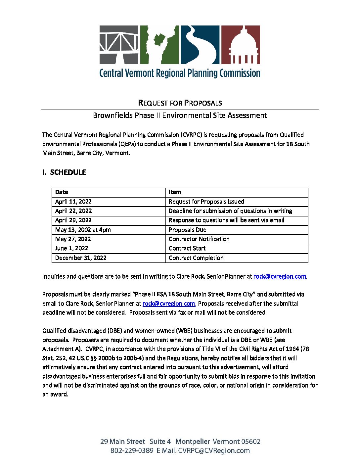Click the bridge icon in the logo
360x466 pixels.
pos(119,45)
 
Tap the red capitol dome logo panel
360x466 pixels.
pos(240,45)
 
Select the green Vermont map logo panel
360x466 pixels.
pos(159,45)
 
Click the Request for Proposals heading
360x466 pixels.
pos(180,103)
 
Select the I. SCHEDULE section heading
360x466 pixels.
pos(64,172)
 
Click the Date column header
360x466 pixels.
pos(62,192)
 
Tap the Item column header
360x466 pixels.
pos(175,192)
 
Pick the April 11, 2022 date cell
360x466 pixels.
pos(73,202)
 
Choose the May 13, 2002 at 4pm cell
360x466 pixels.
pos(83,230)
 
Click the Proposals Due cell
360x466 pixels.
pos(187,230)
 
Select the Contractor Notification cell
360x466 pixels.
pos(199,239)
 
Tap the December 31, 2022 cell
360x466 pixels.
pos(81,258)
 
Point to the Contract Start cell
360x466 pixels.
pos(187,248)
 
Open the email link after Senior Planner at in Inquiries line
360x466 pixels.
pos(280,277)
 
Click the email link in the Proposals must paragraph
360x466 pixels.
pos(168,303)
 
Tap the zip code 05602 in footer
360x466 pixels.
pos(250,442)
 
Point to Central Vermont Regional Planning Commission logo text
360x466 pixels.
pos(180,73)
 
